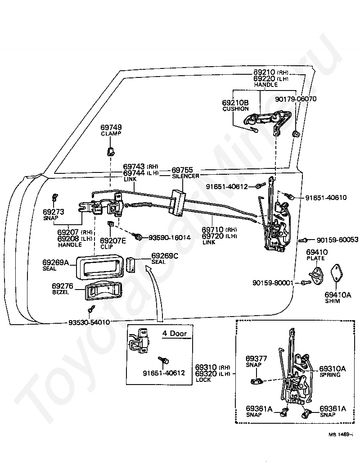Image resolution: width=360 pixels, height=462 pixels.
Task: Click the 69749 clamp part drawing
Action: click(110, 151)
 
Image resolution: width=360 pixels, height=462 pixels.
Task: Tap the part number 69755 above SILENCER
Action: click(182, 170)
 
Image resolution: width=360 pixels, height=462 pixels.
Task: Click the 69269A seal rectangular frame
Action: click(99, 267)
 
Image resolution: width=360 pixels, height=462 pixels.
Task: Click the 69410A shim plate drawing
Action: click(336, 273)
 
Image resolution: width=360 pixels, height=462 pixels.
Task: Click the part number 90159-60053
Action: click(337, 240)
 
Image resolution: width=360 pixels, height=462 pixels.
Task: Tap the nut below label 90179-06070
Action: click(296, 134)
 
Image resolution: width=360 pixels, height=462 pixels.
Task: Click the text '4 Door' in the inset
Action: click(175, 333)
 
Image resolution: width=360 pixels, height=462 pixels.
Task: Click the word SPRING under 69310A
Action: click(330, 375)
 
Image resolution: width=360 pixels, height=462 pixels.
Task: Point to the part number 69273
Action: click(53, 212)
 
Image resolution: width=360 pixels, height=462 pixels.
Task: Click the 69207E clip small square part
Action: click(111, 224)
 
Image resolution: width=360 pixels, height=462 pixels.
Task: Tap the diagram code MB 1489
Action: click(341, 434)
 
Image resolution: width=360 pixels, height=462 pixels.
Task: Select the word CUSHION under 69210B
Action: click(235, 109)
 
